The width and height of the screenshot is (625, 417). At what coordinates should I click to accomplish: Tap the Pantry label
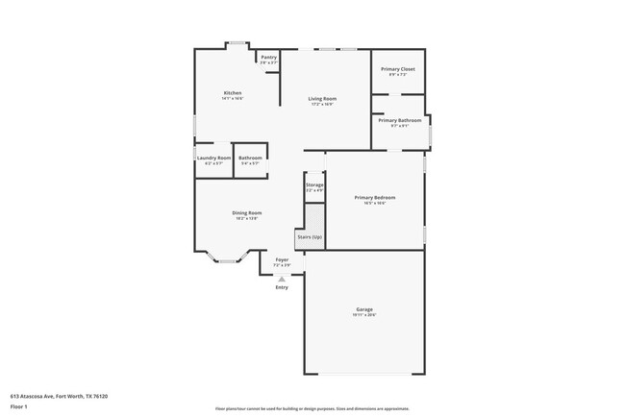coord(268,57)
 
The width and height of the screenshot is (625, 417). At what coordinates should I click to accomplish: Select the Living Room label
coord(321,98)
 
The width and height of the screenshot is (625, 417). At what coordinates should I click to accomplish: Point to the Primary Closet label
coord(397,69)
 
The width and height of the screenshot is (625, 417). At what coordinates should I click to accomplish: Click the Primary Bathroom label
coord(399,120)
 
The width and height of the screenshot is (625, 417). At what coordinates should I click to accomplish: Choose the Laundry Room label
coord(213,158)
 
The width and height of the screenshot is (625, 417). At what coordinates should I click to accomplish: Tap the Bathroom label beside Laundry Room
coord(250,158)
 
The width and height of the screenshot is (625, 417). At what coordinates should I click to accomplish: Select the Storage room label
coord(314,184)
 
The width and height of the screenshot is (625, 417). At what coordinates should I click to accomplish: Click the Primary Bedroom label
coord(375,197)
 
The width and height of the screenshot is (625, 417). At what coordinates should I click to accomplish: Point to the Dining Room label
coord(246,212)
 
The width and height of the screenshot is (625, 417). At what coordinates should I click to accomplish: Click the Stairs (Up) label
coord(310,235)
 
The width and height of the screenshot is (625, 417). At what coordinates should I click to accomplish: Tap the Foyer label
coord(282,259)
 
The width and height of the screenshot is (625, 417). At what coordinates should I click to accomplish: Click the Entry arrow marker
coord(282,279)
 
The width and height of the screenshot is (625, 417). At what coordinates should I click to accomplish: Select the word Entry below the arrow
coord(282,287)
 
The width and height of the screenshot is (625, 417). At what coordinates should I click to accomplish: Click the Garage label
coord(363,309)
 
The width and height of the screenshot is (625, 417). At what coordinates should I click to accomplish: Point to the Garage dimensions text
coord(363,315)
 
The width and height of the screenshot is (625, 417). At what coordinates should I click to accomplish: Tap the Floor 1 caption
coord(19,406)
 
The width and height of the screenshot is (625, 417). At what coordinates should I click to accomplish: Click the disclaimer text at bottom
coord(312,407)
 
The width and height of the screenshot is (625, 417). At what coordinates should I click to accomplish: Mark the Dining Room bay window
coord(227,258)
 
